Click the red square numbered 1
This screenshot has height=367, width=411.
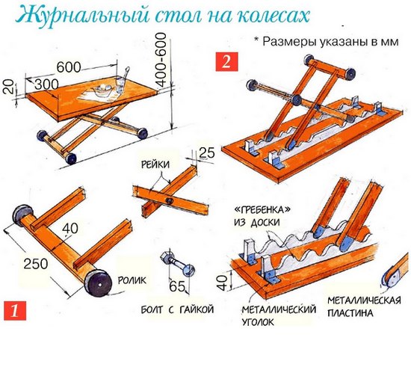tap(15, 311)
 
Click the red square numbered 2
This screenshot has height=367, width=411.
tap(226, 61)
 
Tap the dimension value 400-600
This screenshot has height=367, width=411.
tap(161, 60)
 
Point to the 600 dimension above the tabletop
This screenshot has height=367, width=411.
tap(69, 67)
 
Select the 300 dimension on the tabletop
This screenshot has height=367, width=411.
tap(46, 84)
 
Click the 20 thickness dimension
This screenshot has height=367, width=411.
tap(9, 87)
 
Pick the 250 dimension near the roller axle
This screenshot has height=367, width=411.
tap(36, 263)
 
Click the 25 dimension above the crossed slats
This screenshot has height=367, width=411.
tap(207, 152)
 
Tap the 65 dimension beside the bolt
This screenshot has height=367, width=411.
tap(177, 286)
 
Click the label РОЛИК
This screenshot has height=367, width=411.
tap(132, 280)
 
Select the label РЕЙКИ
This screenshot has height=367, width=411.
tap(155, 164)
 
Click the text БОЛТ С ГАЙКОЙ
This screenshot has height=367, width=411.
tap(177, 309)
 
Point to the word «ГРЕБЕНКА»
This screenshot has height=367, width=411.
tap(262, 210)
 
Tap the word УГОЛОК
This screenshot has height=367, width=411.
tap(259, 322)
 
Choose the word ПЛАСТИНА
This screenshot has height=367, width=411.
tap(350, 313)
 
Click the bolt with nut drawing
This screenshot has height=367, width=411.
tap(177, 264)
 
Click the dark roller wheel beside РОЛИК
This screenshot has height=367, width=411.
tap(98, 283)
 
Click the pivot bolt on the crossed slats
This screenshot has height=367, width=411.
tap(169, 201)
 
